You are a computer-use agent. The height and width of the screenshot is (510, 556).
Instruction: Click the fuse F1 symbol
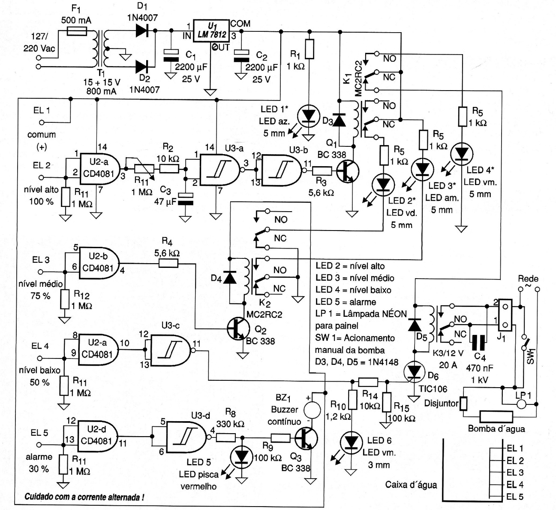pyautogui.click(x=78, y=31)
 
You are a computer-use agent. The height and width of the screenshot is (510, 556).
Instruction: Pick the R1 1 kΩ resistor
pyautogui.click(x=309, y=48)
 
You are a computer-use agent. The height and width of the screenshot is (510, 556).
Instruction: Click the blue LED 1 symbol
pyautogui.click(x=308, y=115)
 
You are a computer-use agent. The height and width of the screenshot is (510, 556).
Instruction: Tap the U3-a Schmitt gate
pyautogui.click(x=216, y=170)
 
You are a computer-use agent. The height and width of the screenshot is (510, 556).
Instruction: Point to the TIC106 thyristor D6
pyautogui.click(x=415, y=372)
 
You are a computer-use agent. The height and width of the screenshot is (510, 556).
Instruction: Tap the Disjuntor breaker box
pyautogui.click(x=463, y=404)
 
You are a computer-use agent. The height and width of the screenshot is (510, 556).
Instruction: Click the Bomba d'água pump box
pyautogui.click(x=496, y=416)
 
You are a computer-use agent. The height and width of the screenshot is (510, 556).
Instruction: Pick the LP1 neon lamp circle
pyautogui.click(x=521, y=404)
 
